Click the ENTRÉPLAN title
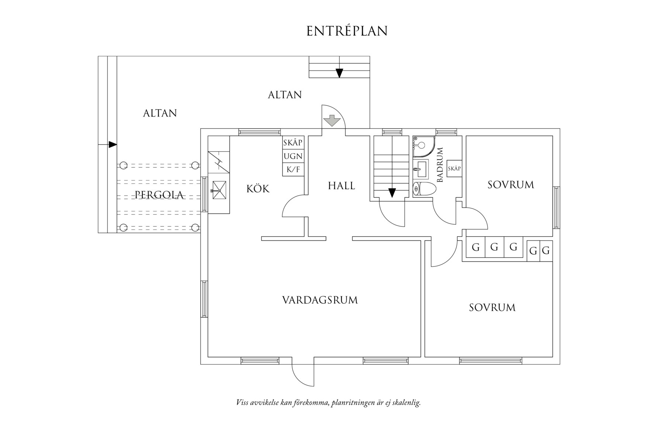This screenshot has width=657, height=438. pyautogui.click(x=347, y=31)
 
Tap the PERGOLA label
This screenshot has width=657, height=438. pyautogui.click(x=159, y=194)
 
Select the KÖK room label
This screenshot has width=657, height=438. pyautogui.click(x=258, y=189)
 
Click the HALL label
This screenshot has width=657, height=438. pyautogui.click(x=341, y=186)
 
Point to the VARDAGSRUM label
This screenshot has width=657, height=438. pyautogui.click(x=320, y=300)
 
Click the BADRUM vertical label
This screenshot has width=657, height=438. pyautogui.click(x=440, y=165)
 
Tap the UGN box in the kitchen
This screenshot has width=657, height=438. pyautogui.click(x=293, y=156)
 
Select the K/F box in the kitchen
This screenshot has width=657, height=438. pyautogui.click(x=293, y=170)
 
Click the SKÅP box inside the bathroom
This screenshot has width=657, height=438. pyautogui.click(x=454, y=169)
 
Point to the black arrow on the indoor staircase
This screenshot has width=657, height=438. pyautogui.click(x=392, y=193)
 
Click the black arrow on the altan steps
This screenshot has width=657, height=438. pyautogui.click(x=339, y=73)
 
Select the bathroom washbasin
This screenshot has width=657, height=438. pyautogui.click(x=420, y=169)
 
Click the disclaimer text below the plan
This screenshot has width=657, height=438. pyautogui.click(x=328, y=403)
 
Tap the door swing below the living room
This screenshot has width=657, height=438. pyautogui.click(x=303, y=375)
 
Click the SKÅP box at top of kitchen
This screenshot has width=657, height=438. pyautogui.click(x=293, y=142)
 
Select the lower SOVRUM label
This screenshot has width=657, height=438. pyautogui.click(x=492, y=307)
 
